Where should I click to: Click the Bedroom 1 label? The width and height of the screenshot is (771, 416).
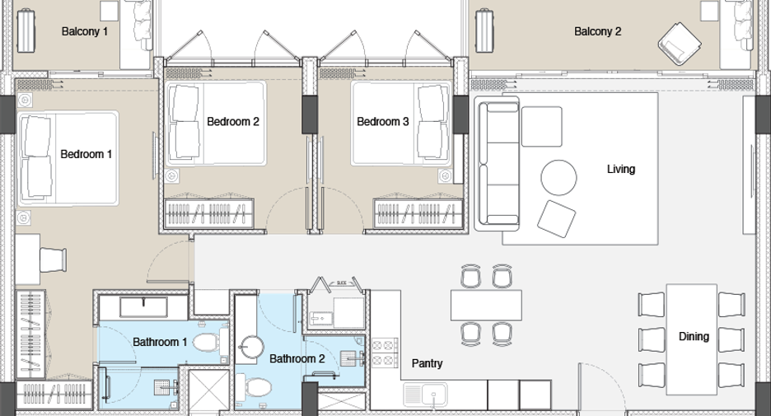point(86,154)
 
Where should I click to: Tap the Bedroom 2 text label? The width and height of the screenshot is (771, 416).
point(232,121)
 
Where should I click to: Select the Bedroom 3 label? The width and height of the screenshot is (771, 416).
point(382,121)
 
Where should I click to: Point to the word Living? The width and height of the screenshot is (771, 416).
point(620,169)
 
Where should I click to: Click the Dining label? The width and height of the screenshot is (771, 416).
point(694,336)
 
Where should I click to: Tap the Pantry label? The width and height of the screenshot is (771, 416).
point(427,363)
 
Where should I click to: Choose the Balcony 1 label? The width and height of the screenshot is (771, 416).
point(84,31)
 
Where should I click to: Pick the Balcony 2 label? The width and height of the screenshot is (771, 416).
point(597,31)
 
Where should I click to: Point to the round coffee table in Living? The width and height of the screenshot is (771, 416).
point(558,177)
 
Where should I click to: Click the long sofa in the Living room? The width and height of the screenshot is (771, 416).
point(497,164)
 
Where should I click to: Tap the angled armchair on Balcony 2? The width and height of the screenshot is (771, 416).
point(679,44)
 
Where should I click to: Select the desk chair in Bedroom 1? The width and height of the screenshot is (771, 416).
point(53,259)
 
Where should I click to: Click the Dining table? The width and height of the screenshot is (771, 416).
point(691,339)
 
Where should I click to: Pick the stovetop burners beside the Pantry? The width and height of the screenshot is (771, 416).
point(385,353)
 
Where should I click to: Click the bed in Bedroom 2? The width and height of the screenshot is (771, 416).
point(217,124)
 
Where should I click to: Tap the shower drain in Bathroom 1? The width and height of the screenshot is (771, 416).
point(161,387)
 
